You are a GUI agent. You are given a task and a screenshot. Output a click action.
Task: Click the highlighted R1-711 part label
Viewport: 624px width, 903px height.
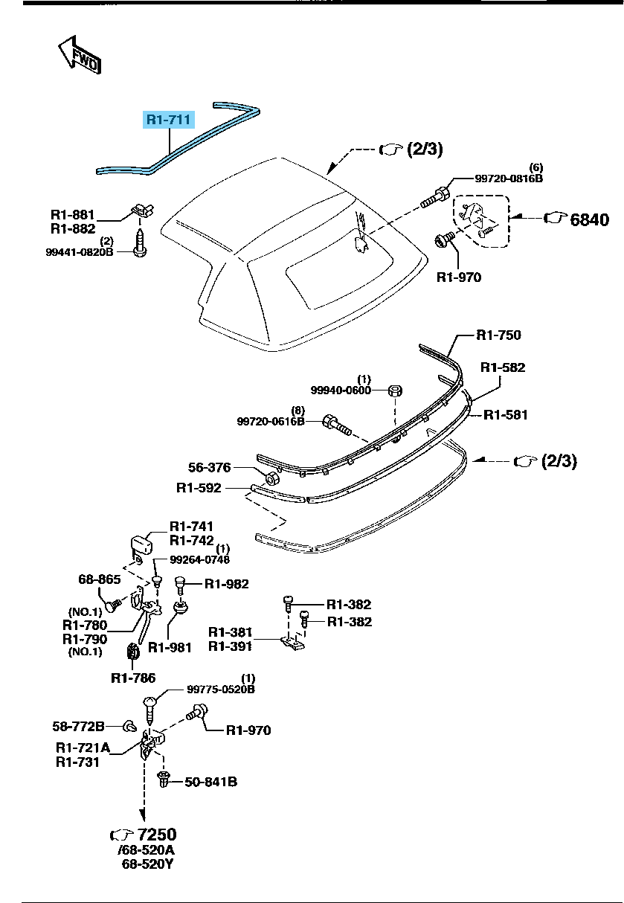(169, 119)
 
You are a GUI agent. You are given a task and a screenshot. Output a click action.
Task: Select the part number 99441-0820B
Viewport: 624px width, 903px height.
(80, 252)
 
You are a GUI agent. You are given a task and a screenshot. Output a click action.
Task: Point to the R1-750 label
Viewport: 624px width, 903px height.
(499, 335)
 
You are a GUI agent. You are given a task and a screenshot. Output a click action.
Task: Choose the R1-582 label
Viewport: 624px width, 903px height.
(503, 367)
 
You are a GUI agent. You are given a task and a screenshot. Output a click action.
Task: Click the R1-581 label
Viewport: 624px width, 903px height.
(506, 414)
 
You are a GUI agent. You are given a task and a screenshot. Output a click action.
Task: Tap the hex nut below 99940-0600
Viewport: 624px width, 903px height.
(396, 391)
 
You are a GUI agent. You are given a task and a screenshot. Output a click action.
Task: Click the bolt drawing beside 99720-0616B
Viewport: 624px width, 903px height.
(337, 426)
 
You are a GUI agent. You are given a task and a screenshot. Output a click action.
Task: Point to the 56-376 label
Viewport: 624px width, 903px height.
(209, 468)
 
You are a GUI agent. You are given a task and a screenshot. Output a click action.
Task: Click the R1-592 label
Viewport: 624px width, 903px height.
(199, 489)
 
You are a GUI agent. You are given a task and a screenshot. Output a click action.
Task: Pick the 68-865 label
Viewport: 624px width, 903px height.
(100, 579)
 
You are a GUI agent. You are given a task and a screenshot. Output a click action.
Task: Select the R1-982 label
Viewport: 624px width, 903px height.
(227, 584)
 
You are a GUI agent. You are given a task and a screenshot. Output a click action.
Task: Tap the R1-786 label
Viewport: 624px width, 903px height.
(133, 678)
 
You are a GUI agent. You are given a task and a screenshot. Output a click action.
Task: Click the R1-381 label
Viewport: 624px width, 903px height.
(231, 632)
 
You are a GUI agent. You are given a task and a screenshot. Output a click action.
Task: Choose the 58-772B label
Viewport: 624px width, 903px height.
(78, 725)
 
